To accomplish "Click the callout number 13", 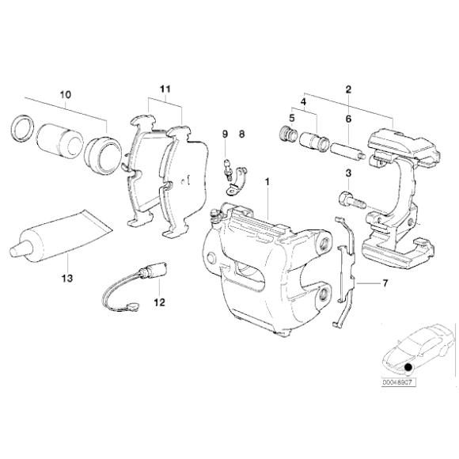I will pyautogui.click(x=67, y=279).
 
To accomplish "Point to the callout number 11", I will pyautogui.click(x=164, y=90).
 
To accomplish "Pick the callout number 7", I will pyautogui.click(x=385, y=283).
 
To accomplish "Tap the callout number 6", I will pyautogui.click(x=347, y=119).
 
